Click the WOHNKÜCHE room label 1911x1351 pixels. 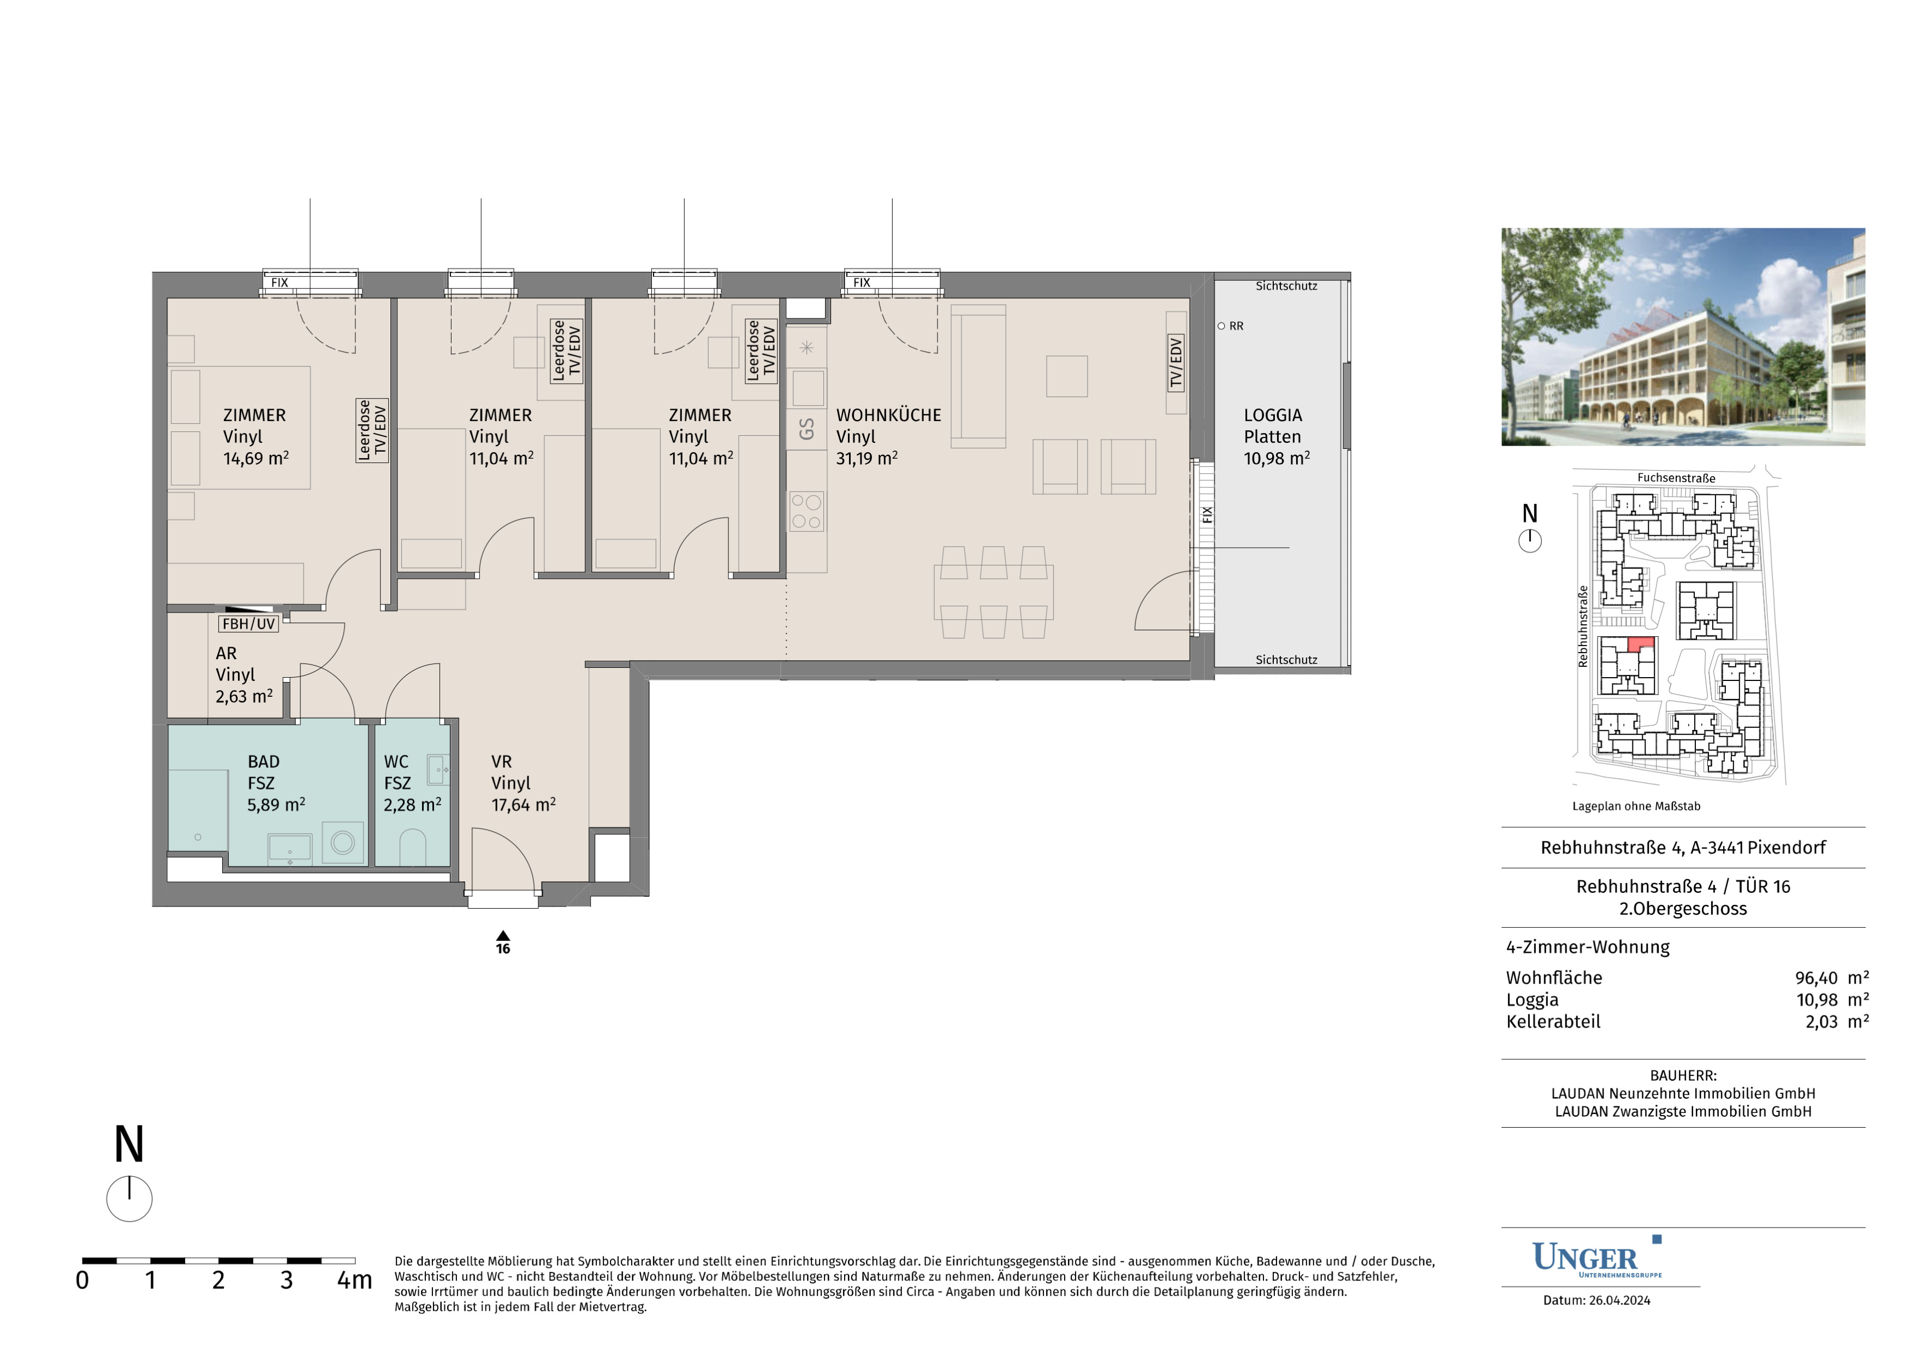pyautogui.click(x=888, y=414)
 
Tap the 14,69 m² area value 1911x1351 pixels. pyautogui.click(x=256, y=458)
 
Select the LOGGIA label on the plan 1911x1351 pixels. pyautogui.click(x=1273, y=414)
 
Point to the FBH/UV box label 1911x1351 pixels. pyautogui.click(x=248, y=624)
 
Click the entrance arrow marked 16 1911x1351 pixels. pyautogui.click(x=503, y=935)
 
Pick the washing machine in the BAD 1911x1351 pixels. pyautogui.click(x=343, y=843)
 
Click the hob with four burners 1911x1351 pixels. pyautogui.click(x=806, y=511)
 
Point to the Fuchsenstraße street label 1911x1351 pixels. pyautogui.click(x=1676, y=478)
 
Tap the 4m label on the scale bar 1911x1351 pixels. pyautogui.click(x=354, y=1280)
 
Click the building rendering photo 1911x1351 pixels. pyautogui.click(x=1683, y=336)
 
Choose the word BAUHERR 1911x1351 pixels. pyautogui.click(x=1683, y=1075)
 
